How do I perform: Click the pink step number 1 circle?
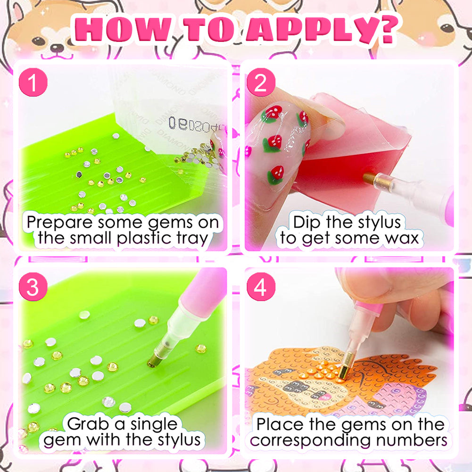pos(33,82)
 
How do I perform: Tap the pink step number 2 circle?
pos(261,82)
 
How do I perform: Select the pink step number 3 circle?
pos(33,287)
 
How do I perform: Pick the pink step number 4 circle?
pos(261,287)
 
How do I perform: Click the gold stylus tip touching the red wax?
pos(369,178)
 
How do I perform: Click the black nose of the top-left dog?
pos(57,48)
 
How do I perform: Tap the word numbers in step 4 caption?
pos(412,441)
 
